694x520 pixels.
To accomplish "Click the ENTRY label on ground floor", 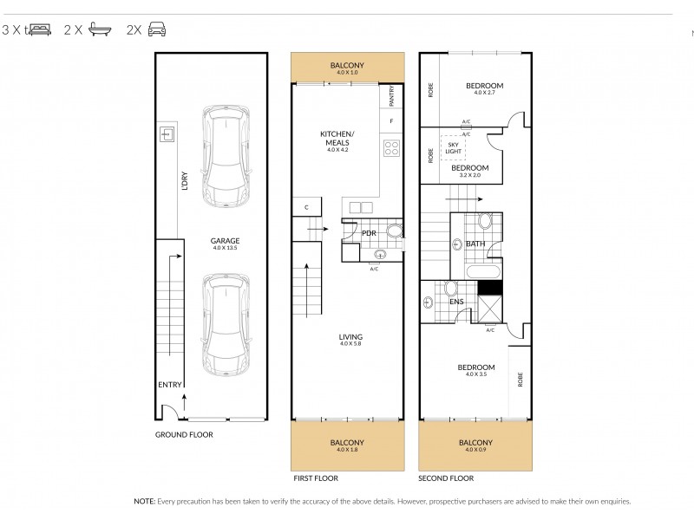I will coord(169,385).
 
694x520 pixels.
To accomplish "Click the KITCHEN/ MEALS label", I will coord(337,138).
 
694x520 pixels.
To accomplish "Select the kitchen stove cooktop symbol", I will coord(391,147).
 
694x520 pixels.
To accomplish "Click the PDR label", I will coord(368,233).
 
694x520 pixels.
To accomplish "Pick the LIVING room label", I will coord(350,337).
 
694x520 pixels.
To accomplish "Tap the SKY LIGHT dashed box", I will coord(455,147).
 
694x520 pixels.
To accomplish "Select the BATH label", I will coord(475,244).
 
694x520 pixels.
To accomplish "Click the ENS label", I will coord(456,302).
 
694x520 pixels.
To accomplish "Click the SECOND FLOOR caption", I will coord(446,478).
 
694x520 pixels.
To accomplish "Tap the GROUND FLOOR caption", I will coord(184,435).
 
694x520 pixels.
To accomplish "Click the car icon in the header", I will coord(156,29).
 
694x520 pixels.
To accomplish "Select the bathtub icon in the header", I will coord(101,29).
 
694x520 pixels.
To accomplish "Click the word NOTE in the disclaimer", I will coord(144,501).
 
